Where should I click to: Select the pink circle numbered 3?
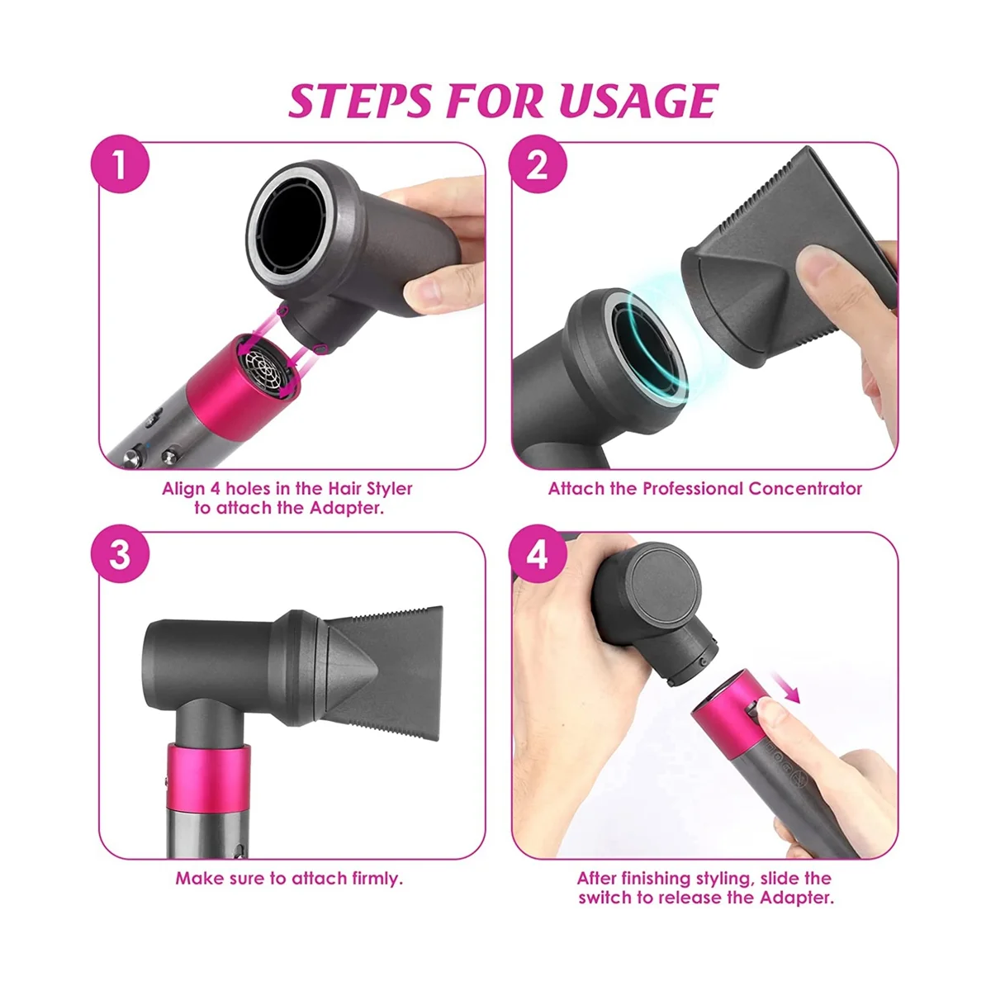point(121,553)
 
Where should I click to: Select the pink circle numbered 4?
point(537,553)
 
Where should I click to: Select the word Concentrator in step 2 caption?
point(804,488)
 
